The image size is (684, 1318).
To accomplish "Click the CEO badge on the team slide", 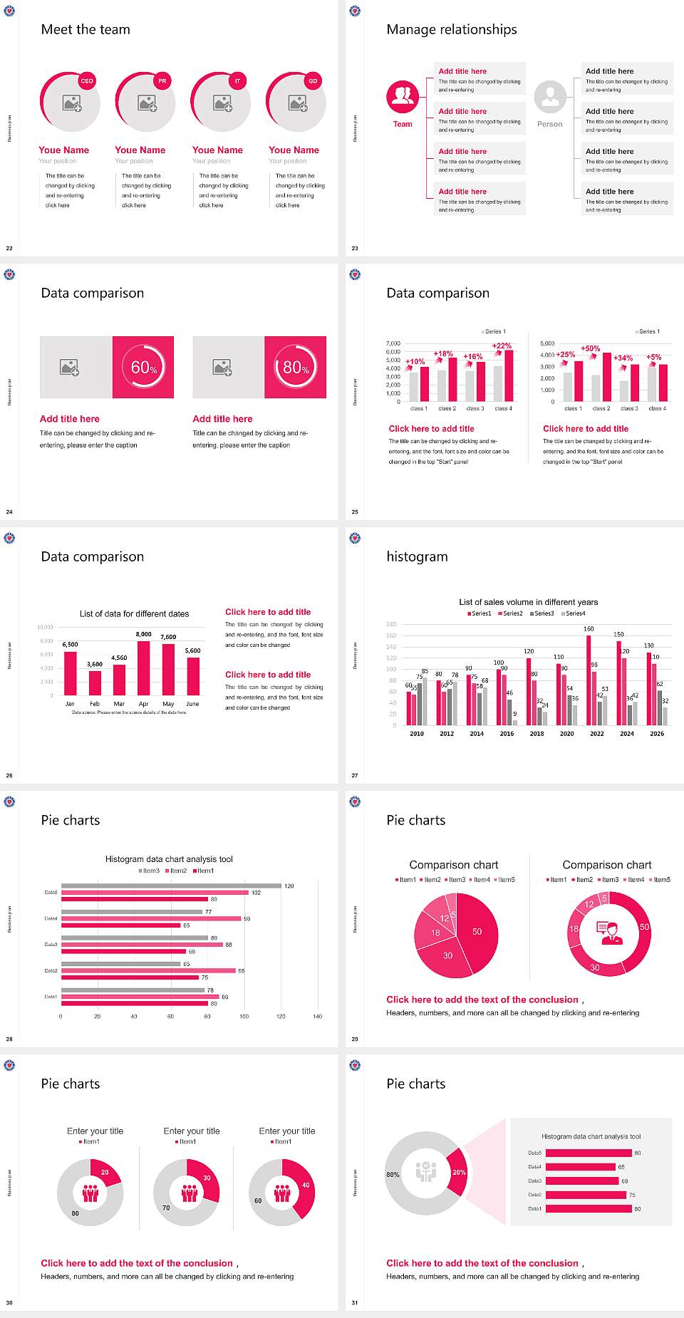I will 87,81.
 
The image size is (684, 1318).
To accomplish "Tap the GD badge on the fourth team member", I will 313,81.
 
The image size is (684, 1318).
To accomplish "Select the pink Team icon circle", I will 403,96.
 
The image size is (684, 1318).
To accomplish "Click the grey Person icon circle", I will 550,96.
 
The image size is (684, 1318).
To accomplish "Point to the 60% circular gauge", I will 143,367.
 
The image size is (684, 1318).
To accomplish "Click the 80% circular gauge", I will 296,367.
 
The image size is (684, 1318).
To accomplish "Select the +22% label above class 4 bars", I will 502,346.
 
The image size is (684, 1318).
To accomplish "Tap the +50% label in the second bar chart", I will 590,348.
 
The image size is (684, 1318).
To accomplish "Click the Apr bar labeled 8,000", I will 144,668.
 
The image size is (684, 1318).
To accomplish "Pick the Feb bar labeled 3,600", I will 95,683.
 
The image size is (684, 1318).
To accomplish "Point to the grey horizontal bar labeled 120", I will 171,886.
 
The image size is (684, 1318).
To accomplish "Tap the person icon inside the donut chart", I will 609,933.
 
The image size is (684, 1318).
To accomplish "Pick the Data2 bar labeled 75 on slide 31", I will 586,1195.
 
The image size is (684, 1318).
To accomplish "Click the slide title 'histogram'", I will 417,556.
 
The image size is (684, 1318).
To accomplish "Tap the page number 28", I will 9,1039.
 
